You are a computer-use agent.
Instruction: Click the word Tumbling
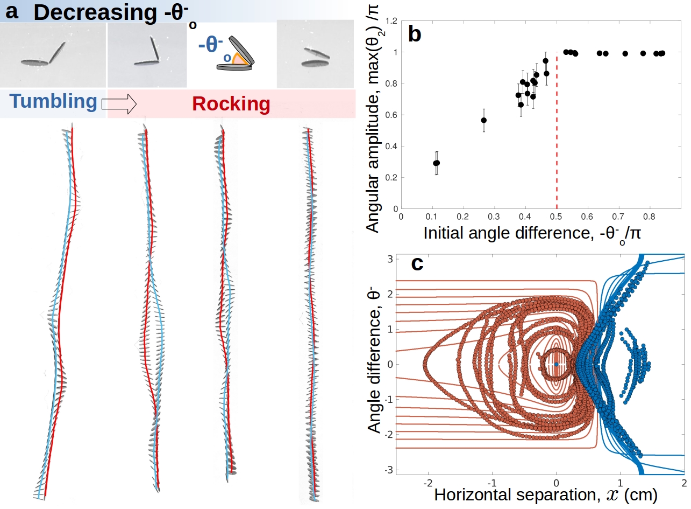point(53,102)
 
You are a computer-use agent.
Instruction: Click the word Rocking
point(231,104)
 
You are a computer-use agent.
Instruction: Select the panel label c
point(416,263)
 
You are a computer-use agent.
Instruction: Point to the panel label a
point(12,11)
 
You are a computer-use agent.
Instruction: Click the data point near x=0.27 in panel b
point(484,120)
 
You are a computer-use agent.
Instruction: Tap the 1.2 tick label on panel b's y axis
point(389,21)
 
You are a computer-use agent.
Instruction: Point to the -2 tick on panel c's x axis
point(428,481)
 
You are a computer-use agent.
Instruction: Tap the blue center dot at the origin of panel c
point(556,365)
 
